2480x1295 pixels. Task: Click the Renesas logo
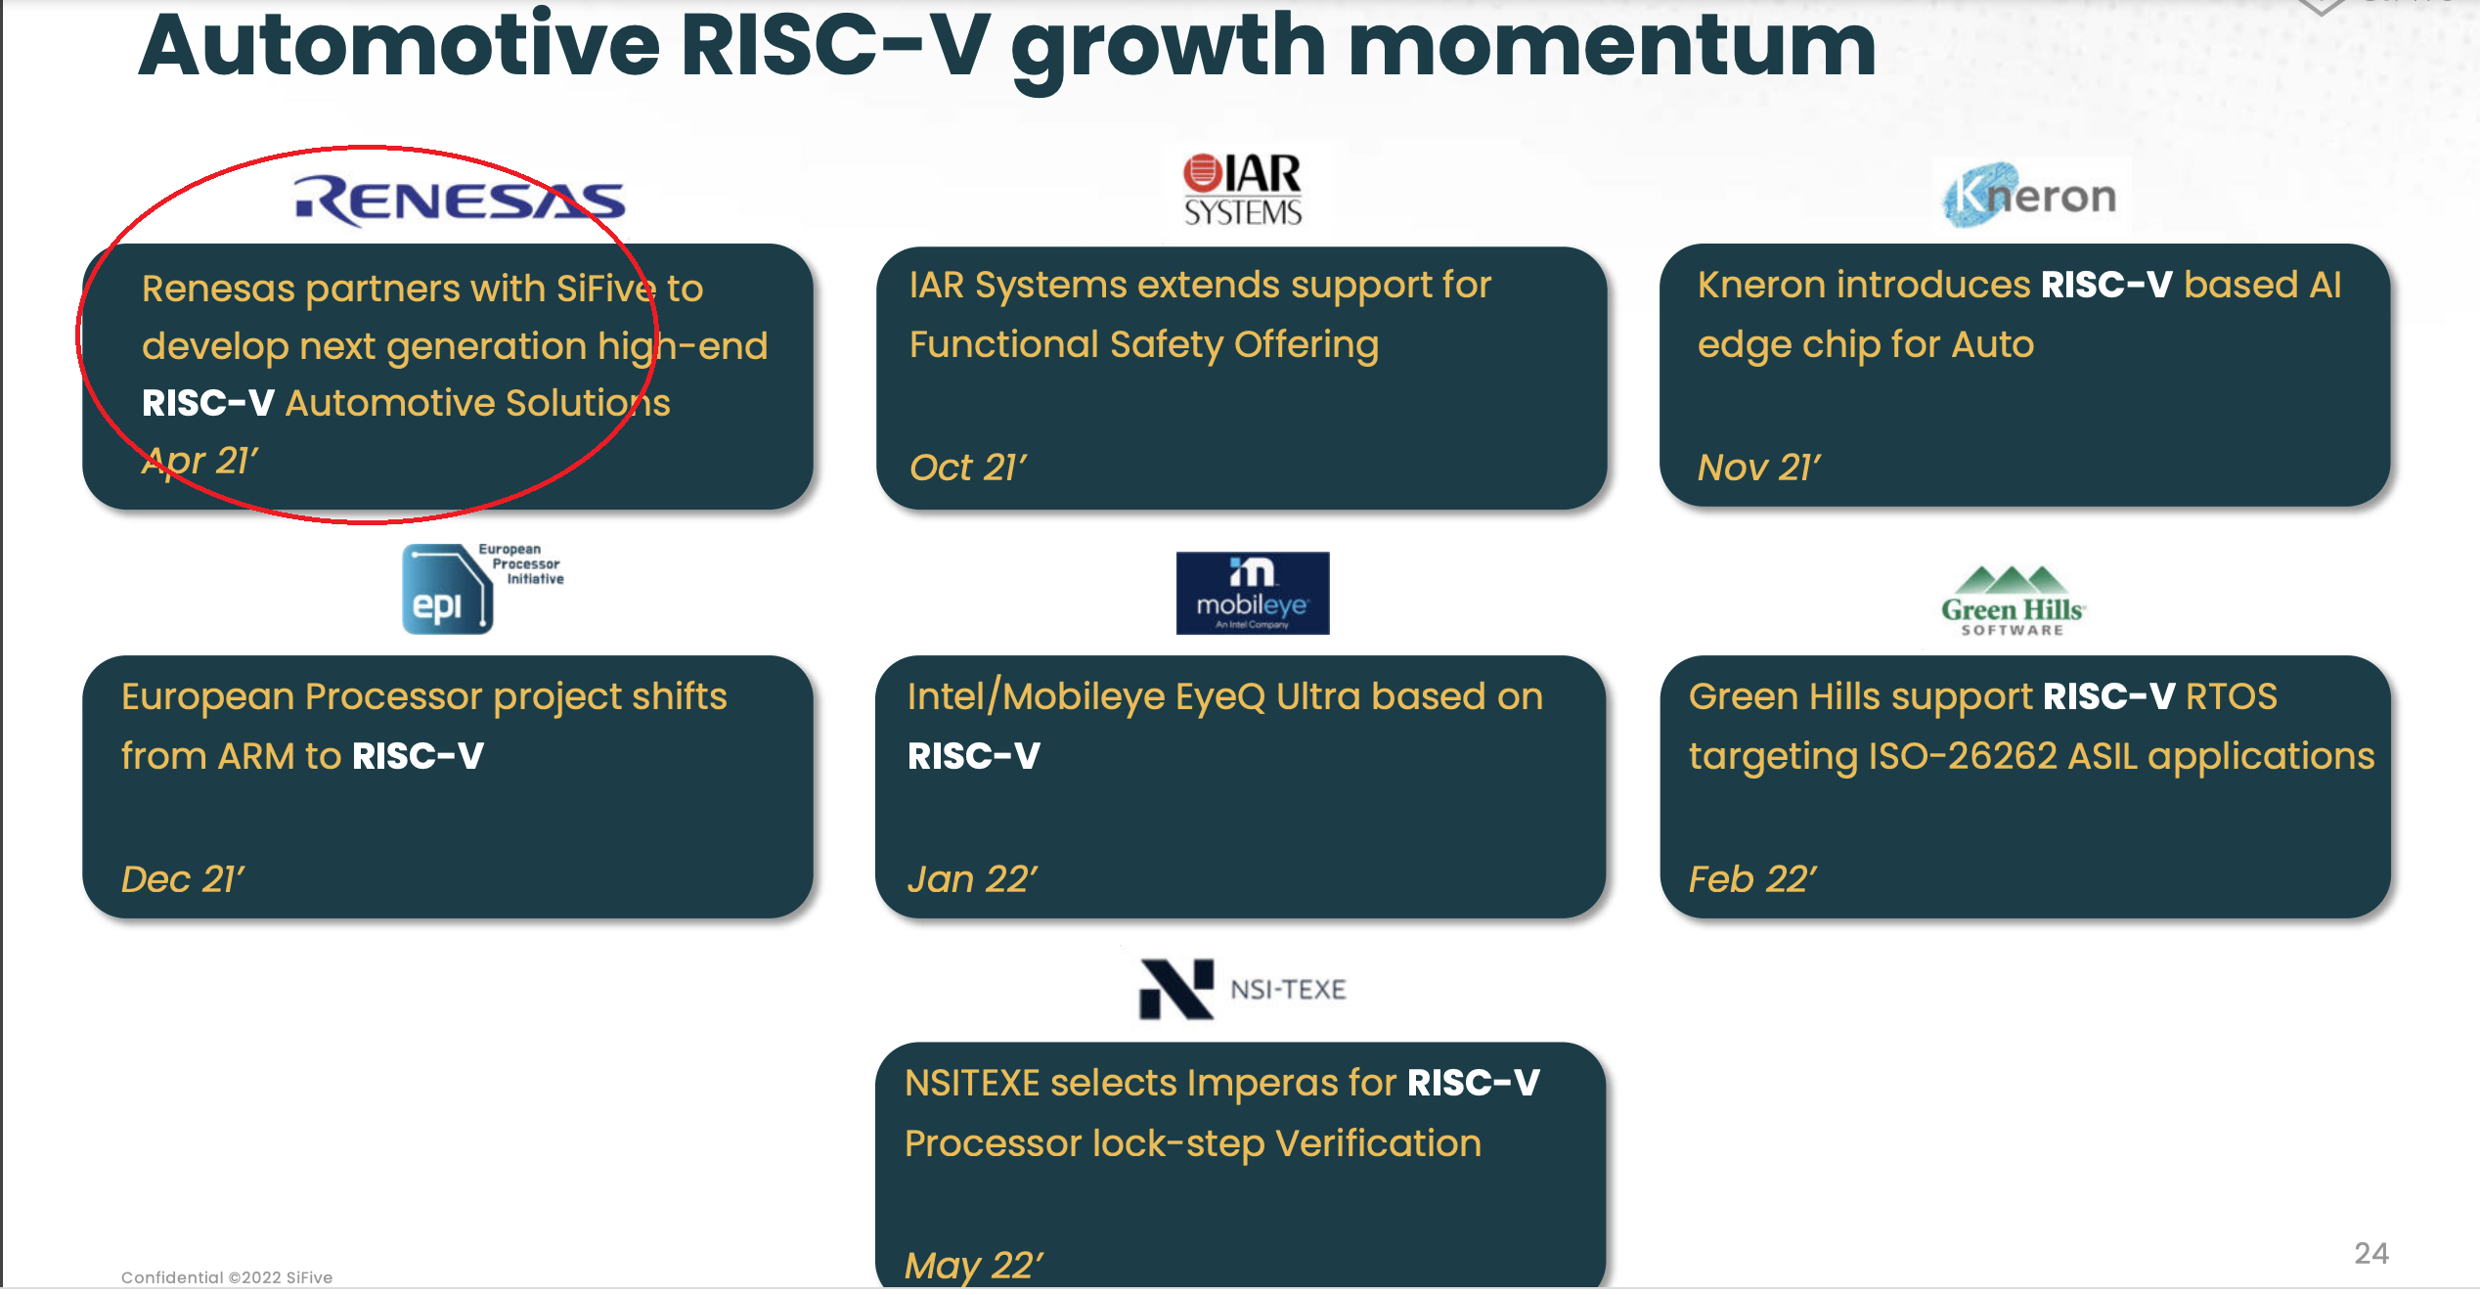click(x=460, y=201)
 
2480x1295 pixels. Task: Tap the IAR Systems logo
click(x=1242, y=190)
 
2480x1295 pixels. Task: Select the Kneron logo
click(x=2029, y=196)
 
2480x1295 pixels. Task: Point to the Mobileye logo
click(x=1253, y=593)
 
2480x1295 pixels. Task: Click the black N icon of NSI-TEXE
click(x=1176, y=989)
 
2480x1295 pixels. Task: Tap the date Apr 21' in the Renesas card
click(x=200, y=460)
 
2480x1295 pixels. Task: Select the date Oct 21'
click(x=968, y=468)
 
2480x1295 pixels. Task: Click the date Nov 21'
click(x=1759, y=468)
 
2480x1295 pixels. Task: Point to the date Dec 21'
click(x=183, y=879)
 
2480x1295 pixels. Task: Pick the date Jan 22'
click(x=972, y=879)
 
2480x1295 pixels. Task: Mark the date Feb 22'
click(x=1752, y=879)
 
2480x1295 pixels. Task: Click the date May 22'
click(x=974, y=1266)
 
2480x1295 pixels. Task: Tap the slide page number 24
click(x=2371, y=1253)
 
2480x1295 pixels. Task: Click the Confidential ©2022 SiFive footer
click(x=227, y=1277)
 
